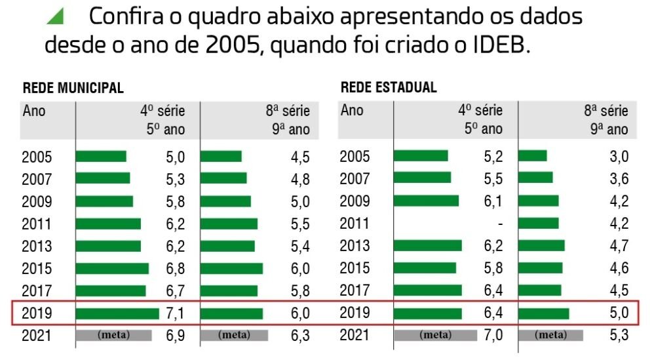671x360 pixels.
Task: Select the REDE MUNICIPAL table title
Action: (73, 89)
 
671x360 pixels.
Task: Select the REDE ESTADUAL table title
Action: (389, 88)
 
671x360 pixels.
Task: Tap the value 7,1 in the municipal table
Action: (174, 313)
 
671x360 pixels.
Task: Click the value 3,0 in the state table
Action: (619, 156)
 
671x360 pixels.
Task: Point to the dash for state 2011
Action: (500, 224)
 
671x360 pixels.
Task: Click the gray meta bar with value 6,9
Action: (113, 335)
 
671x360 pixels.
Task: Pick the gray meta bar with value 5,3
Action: (551, 335)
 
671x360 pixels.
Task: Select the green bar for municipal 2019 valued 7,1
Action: (117, 313)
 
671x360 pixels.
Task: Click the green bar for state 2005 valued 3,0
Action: (532, 156)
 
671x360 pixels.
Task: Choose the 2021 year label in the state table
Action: (355, 335)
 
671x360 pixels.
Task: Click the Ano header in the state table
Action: (352, 110)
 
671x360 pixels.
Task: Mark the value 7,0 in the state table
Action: (493, 335)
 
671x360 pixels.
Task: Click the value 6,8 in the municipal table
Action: (174, 268)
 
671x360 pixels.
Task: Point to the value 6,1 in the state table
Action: (493, 201)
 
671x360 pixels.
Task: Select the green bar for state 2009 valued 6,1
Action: (426, 201)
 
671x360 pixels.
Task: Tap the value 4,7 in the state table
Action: (619, 246)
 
